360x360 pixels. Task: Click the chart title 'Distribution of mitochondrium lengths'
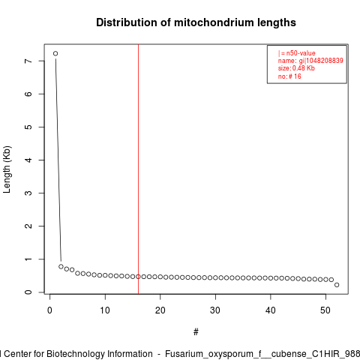coord(196,22)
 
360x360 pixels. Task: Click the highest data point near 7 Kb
coord(55,53)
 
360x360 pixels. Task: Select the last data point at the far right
coord(337,285)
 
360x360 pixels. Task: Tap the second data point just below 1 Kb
coord(61,266)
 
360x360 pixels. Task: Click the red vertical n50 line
coord(138,169)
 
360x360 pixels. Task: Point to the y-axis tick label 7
coord(28,61)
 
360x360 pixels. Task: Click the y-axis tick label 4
coord(28,160)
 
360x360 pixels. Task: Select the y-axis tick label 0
coord(28,292)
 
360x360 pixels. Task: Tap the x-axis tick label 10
coord(105,310)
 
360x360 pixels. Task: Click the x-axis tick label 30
coord(215,310)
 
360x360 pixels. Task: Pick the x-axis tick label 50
coord(325,310)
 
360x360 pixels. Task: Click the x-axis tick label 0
coord(49,310)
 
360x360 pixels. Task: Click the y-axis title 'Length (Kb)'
coord(7,169)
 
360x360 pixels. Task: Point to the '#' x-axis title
coord(196,332)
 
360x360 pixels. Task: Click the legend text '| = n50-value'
coord(297,53)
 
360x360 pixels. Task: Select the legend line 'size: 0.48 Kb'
coord(296,68)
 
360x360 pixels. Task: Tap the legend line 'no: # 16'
coord(289,76)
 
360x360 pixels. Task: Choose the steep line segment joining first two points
coord(58,160)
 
